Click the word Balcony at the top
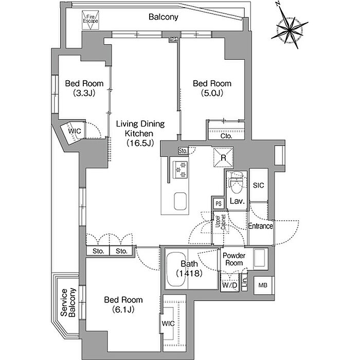163,17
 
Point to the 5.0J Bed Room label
211,88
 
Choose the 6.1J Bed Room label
123,304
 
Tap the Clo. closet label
226,136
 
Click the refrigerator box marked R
224,157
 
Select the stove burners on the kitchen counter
181,170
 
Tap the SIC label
258,185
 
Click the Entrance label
260,226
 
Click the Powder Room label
233,259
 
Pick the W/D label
229,285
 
